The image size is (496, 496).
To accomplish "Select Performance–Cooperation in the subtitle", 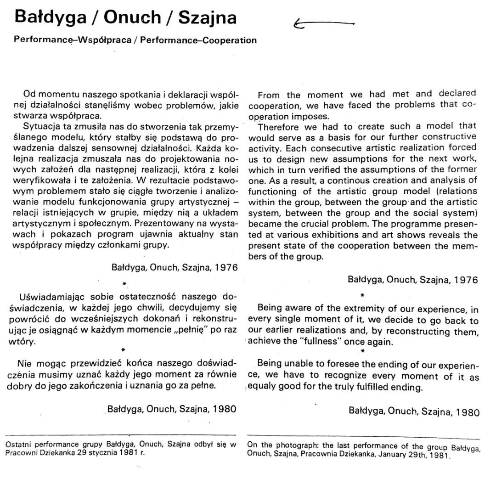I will tap(198, 40).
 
